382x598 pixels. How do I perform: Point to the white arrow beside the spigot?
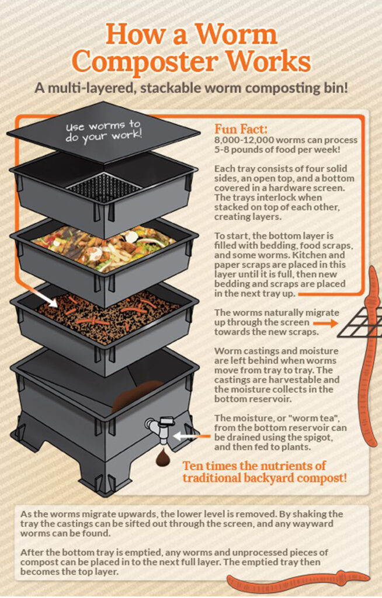(x=186, y=435)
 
